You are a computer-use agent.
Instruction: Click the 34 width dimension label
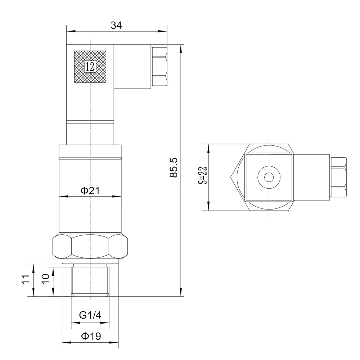point(116,25)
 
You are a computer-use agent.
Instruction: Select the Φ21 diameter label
point(90,190)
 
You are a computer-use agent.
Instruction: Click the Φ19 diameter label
point(90,336)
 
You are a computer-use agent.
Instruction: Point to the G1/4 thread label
point(90,316)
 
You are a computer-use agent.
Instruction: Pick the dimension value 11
point(25,280)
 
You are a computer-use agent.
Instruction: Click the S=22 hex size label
point(203,175)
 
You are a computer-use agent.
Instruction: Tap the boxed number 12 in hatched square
point(90,67)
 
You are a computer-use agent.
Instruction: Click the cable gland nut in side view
point(160,66)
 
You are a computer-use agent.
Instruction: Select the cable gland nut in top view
point(339,177)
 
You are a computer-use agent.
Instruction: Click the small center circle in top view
point(269,177)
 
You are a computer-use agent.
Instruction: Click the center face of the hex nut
point(90,246)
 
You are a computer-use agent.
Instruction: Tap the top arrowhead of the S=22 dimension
point(208,146)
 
